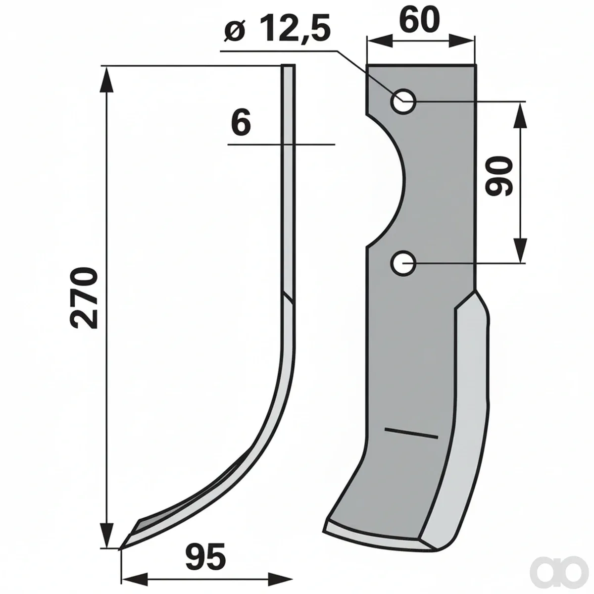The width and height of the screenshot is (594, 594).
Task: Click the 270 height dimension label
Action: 84,298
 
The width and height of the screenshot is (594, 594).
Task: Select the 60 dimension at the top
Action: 419,20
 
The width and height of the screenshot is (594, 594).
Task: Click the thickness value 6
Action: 241,123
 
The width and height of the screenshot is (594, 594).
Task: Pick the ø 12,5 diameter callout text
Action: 277,30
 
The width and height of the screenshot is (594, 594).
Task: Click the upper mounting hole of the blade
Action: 403,101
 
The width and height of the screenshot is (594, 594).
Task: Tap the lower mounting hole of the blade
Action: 403,263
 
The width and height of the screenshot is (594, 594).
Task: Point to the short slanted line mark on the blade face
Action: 411,433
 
